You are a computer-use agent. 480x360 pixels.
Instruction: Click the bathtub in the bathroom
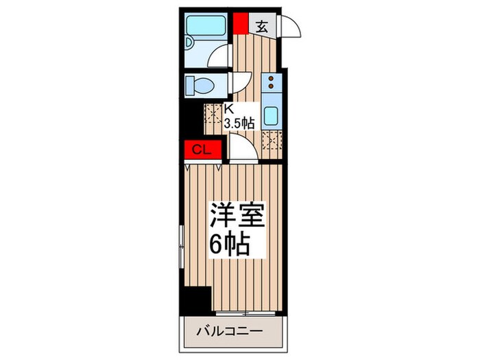[208, 27]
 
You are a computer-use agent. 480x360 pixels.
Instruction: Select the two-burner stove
[271, 83]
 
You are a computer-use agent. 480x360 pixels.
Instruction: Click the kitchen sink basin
[271, 116]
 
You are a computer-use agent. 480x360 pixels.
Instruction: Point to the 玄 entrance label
[262, 27]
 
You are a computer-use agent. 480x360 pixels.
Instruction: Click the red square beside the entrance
[239, 23]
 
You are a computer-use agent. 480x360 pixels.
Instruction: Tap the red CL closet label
[200, 149]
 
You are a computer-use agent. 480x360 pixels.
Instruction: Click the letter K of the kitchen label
[230, 109]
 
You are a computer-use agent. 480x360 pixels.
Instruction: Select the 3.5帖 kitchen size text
[240, 123]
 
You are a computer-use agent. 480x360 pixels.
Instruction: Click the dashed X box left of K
[212, 113]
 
